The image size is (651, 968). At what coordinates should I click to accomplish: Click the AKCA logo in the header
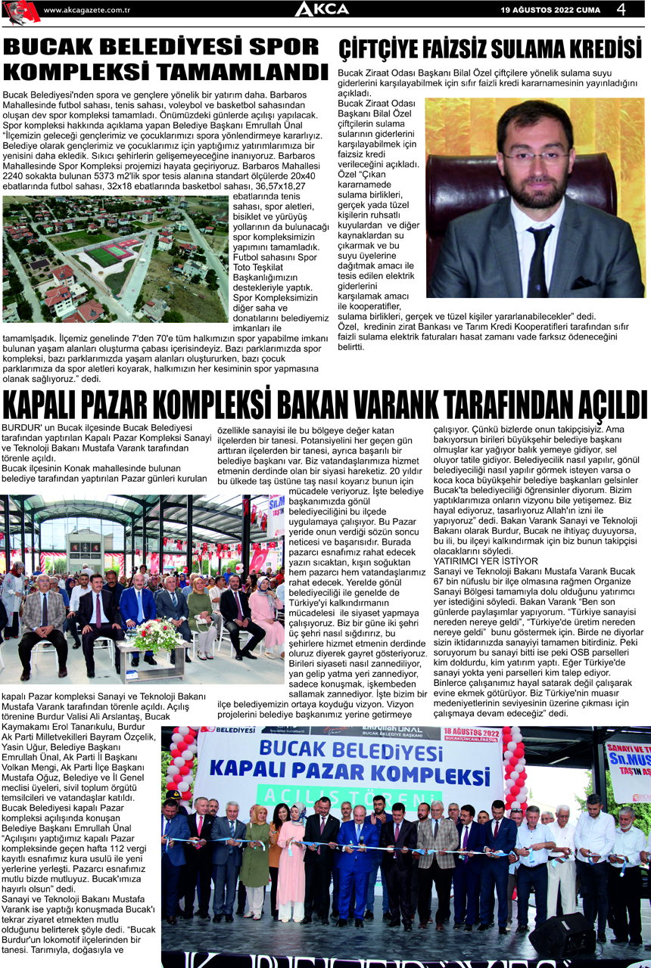tap(322, 9)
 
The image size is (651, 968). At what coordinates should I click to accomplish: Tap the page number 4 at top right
tap(621, 9)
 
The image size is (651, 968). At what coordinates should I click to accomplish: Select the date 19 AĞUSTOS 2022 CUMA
tap(550, 10)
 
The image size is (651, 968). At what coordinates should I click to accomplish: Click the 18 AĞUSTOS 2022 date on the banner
tap(470, 732)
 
